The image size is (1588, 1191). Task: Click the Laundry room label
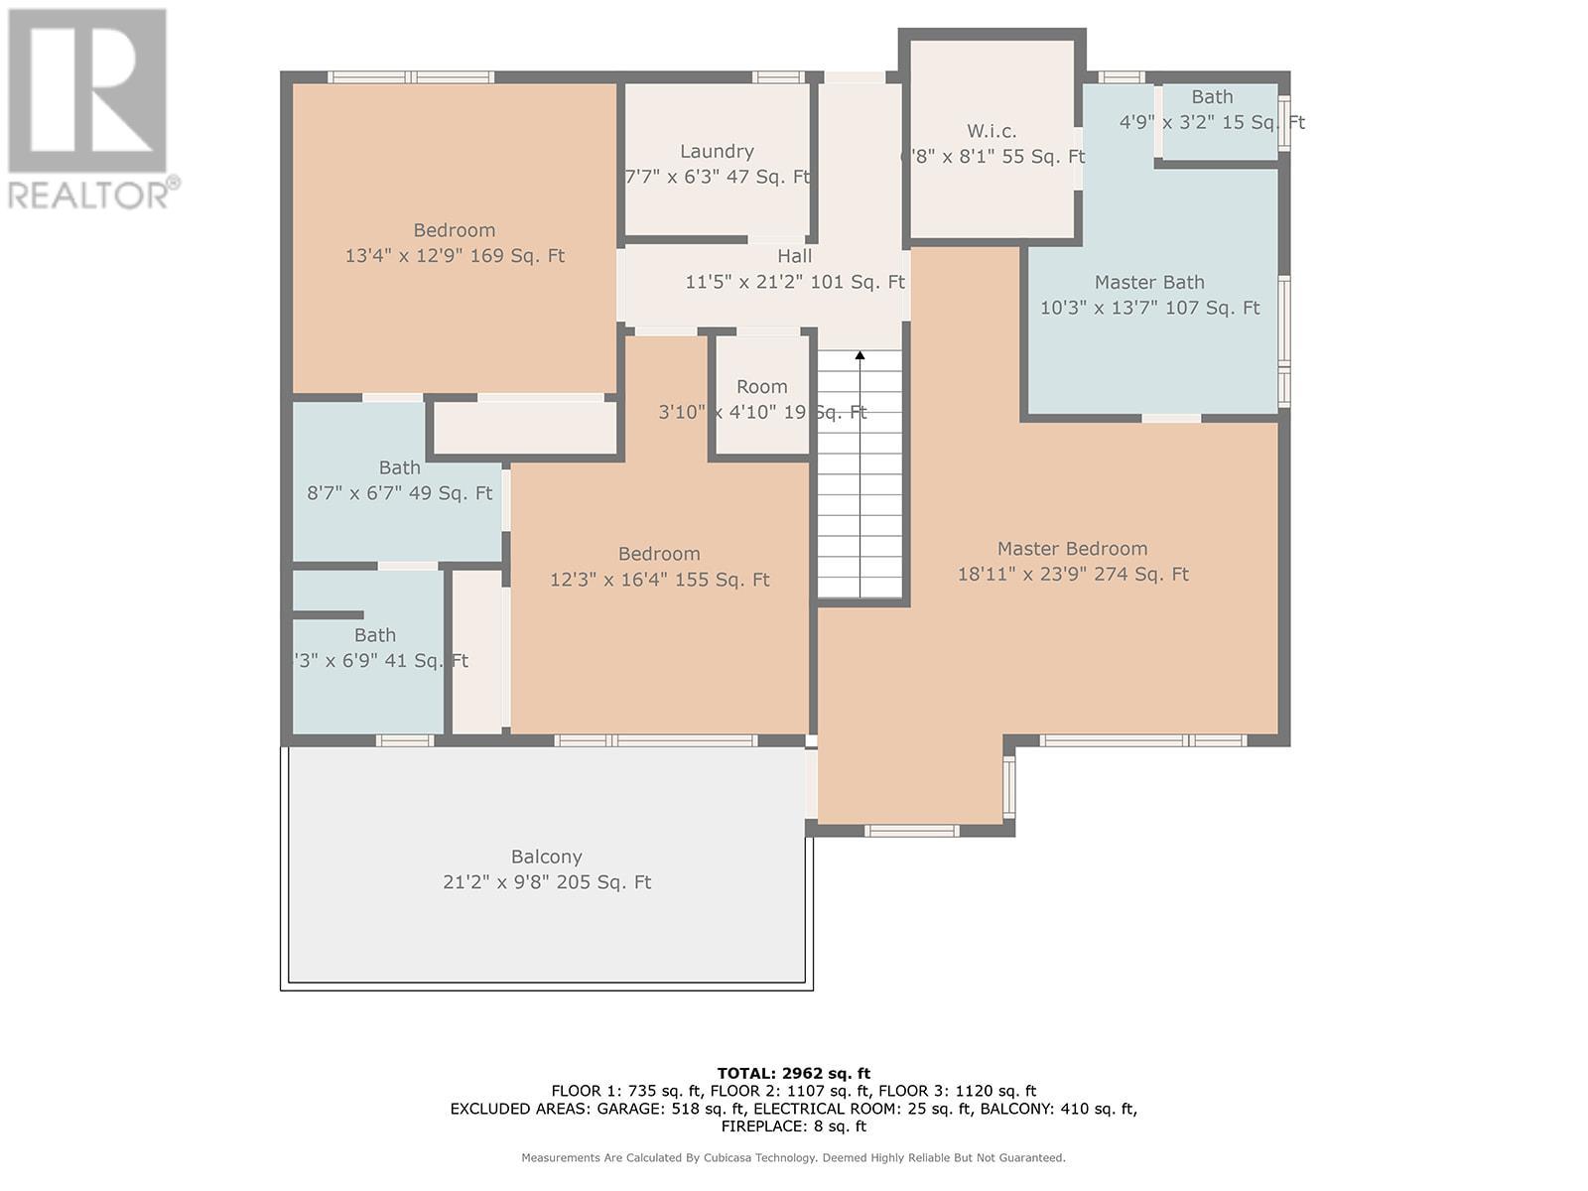click(x=717, y=151)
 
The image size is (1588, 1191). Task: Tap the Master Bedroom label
click(x=1072, y=549)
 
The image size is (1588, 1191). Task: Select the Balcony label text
click(x=546, y=857)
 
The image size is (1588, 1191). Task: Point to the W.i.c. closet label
click(x=992, y=131)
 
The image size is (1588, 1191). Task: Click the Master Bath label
click(x=1149, y=282)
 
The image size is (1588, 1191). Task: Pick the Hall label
click(x=794, y=256)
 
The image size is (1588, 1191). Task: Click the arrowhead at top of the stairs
click(x=860, y=355)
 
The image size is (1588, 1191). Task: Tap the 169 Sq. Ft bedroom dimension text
click(x=455, y=256)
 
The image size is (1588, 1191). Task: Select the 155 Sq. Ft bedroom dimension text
click(x=659, y=580)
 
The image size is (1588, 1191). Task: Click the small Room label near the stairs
click(x=762, y=387)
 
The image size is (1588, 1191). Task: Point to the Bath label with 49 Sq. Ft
click(x=399, y=467)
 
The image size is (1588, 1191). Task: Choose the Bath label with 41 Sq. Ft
click(x=375, y=635)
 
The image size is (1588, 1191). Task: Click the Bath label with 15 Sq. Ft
click(x=1212, y=97)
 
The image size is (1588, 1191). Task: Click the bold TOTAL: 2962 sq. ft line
click(x=794, y=1074)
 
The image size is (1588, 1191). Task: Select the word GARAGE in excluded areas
click(x=625, y=1109)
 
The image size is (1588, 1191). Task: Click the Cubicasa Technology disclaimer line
click(x=794, y=1157)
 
